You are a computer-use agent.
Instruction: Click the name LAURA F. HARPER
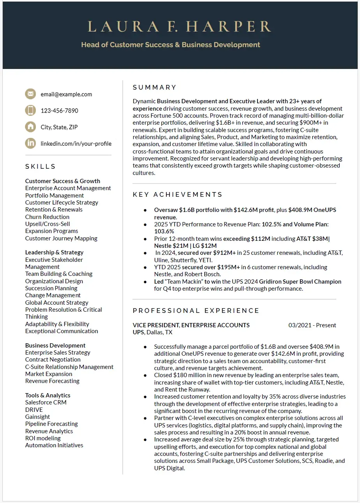click(x=180, y=26)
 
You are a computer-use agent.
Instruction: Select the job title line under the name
click(x=171, y=45)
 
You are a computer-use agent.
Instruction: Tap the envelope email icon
click(x=30, y=94)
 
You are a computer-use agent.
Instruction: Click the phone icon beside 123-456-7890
click(x=30, y=110)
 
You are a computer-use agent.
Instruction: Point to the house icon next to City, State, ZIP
click(x=30, y=127)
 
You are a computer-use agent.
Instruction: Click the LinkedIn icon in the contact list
click(x=30, y=143)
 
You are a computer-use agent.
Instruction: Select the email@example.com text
click(x=66, y=94)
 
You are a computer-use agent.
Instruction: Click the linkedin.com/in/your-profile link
click(x=76, y=143)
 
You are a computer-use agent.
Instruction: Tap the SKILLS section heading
click(x=41, y=166)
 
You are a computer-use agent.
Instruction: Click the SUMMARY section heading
click(x=155, y=87)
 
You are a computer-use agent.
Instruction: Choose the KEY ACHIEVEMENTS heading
click(x=178, y=194)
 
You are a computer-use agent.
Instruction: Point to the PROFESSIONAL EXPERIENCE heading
click(x=196, y=311)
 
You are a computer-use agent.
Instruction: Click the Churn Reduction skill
click(x=47, y=217)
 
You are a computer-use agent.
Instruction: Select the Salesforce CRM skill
click(x=46, y=402)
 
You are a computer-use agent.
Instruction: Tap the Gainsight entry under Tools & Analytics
click(x=37, y=417)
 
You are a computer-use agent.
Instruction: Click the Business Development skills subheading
click(x=55, y=345)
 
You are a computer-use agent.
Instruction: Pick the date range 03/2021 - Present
click(x=312, y=325)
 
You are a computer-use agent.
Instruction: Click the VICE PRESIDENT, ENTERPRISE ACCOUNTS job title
click(x=191, y=325)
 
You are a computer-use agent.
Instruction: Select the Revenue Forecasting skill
click(x=52, y=381)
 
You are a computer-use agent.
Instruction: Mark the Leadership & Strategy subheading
click(x=54, y=252)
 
